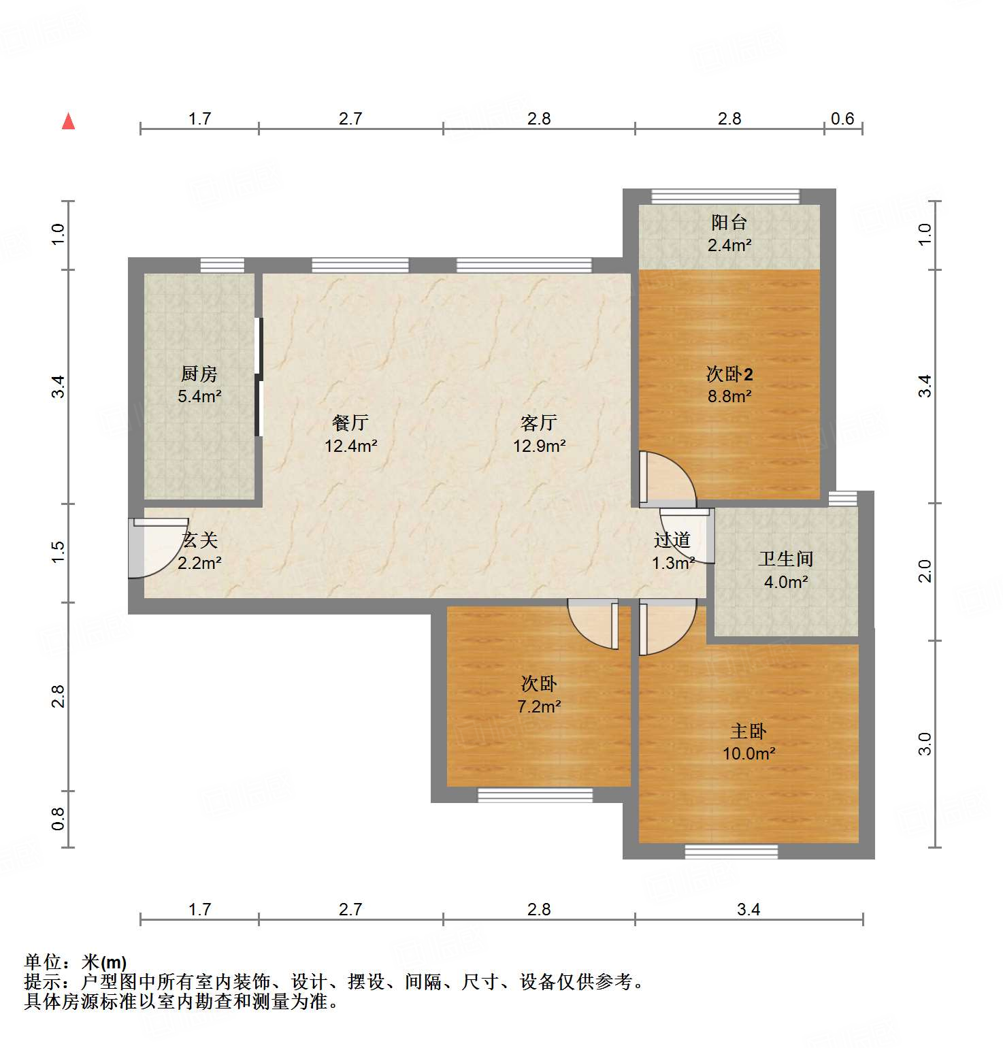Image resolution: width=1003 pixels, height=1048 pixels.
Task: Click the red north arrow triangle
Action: pos(68,122)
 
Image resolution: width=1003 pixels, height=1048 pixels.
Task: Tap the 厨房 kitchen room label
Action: pos(199,374)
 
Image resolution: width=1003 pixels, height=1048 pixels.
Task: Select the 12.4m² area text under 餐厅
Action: pos(350,446)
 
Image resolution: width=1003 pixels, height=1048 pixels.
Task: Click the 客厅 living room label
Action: pos(538,423)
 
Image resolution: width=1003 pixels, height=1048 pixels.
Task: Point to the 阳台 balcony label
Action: pos(729,223)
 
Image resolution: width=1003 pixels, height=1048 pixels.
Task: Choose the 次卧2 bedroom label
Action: pos(729,374)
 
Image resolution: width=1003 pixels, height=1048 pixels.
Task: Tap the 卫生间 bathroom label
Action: pos(786,559)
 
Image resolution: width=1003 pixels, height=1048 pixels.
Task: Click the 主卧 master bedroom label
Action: pos(748,732)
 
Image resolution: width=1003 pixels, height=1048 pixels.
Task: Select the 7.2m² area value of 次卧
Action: pos(539,707)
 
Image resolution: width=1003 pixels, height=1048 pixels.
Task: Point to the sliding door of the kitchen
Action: pos(258,377)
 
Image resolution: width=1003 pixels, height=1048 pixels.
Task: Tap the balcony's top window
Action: pos(725,197)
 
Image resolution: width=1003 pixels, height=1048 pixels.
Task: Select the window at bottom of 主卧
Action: pos(731,851)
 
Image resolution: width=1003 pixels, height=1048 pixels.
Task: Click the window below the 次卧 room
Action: pos(535,795)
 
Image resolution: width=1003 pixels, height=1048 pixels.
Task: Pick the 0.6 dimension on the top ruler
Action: pos(842,119)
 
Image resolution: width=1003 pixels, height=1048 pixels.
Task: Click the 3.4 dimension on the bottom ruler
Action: pos(748,910)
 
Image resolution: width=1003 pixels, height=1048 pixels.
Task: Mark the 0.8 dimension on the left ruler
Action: pos(59,819)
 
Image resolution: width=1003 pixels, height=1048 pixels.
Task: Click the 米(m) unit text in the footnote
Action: pos(104,962)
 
